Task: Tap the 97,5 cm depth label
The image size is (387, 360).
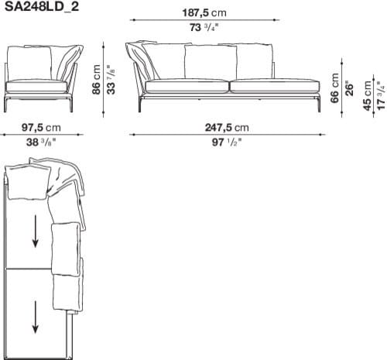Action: [x=41, y=127]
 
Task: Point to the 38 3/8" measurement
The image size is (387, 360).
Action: [x=41, y=142]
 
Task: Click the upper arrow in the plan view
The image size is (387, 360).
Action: [x=35, y=231]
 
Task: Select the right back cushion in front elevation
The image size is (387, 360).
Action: [x=253, y=62]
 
